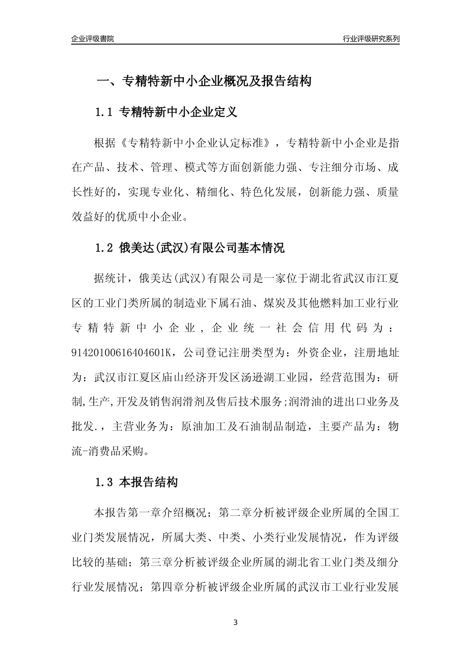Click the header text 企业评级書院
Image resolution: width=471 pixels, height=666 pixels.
[x=93, y=39]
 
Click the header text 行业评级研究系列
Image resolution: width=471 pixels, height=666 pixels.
[x=371, y=39]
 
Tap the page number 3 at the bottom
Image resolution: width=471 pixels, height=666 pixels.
[x=235, y=622]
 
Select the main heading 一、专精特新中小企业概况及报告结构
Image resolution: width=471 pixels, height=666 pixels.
[x=203, y=81]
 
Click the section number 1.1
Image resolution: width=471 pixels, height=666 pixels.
[x=104, y=112]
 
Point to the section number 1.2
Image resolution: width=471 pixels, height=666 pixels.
[x=104, y=248]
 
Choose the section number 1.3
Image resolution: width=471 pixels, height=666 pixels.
[x=104, y=482]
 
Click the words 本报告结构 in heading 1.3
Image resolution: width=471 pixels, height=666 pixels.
[x=149, y=482]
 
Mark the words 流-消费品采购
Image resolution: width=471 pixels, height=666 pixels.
[x=110, y=451]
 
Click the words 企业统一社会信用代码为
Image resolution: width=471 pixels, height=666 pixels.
[x=296, y=329]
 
